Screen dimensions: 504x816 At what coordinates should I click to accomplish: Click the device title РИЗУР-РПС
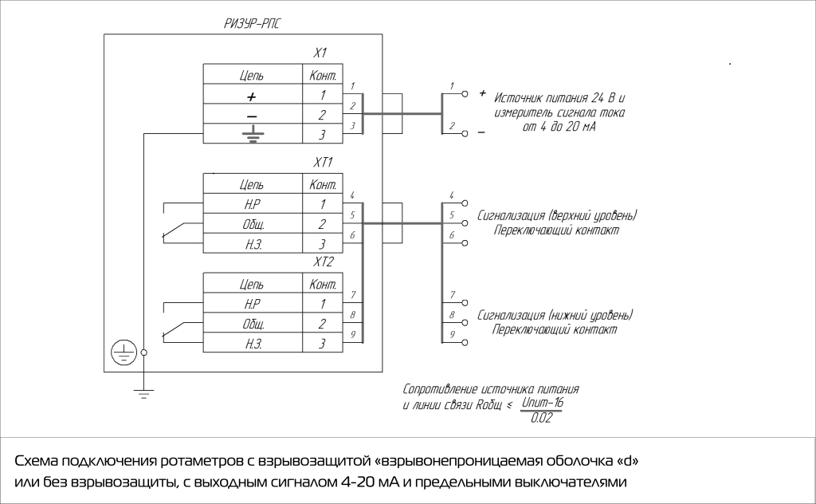click(251, 25)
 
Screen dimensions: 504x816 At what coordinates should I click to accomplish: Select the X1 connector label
click(320, 53)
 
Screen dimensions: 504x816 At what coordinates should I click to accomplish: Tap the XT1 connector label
click(324, 163)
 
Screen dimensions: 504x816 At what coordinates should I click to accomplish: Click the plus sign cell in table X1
click(252, 96)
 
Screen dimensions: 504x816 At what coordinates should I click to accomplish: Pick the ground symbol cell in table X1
click(252, 134)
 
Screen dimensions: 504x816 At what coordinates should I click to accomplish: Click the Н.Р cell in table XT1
click(252, 205)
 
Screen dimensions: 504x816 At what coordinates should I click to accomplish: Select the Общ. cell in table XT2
click(252, 324)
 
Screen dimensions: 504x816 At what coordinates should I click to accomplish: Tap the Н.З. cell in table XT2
click(252, 343)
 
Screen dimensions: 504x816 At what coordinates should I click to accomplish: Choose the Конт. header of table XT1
click(322, 185)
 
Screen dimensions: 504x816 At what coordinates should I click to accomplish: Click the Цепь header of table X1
click(252, 77)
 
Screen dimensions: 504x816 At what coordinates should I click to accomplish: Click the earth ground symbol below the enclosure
click(143, 393)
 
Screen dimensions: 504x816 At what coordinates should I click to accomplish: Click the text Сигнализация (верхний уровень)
click(557, 216)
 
